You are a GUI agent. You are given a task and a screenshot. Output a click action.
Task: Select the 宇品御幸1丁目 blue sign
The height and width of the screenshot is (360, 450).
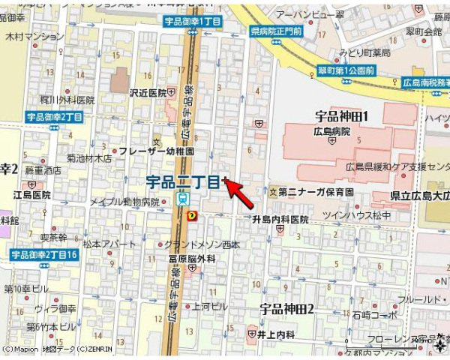tap(193, 22)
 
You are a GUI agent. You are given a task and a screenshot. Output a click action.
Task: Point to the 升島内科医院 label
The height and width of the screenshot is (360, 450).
tap(280, 220)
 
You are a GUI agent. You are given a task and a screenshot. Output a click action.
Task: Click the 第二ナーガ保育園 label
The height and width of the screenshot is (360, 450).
tap(316, 192)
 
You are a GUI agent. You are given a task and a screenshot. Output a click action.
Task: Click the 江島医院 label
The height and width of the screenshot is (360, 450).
tap(31, 195)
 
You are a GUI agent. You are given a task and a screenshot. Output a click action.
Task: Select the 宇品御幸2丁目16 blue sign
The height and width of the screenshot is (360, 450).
tap(45, 255)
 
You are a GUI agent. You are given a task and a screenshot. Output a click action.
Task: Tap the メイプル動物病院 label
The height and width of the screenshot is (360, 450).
tap(124, 202)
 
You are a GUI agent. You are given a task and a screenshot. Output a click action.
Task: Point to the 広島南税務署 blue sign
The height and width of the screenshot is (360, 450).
tap(424, 82)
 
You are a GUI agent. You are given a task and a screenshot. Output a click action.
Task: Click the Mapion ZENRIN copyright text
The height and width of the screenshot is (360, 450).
tap(56, 349)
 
